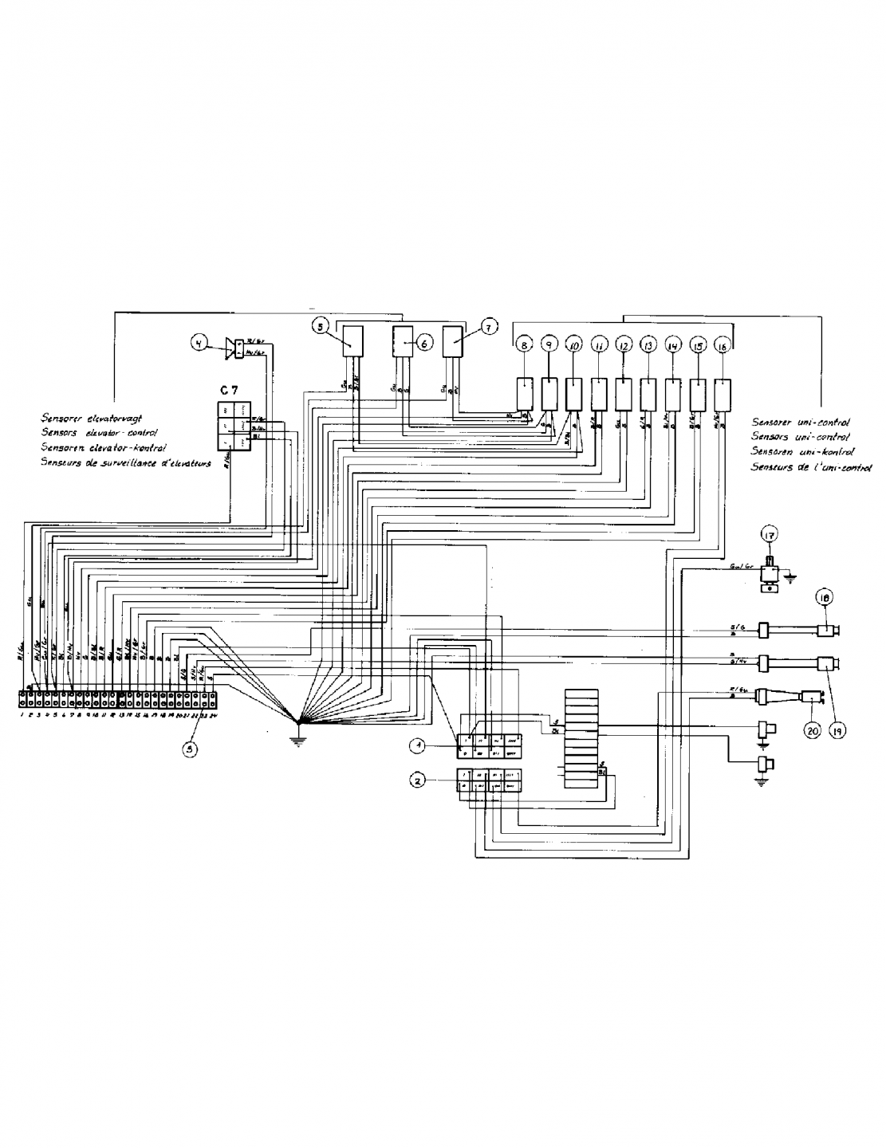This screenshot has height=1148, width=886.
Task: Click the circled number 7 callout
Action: [x=489, y=326]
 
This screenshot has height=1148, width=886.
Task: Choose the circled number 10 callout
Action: [x=573, y=345]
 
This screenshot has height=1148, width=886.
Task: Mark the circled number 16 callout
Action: [x=723, y=345]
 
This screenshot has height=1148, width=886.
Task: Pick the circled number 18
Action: [x=826, y=597]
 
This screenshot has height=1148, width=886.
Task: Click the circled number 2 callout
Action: [x=416, y=781]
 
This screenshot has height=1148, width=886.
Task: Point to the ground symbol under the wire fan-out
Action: [x=298, y=738]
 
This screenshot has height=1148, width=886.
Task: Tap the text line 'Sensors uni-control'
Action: [x=800, y=437]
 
